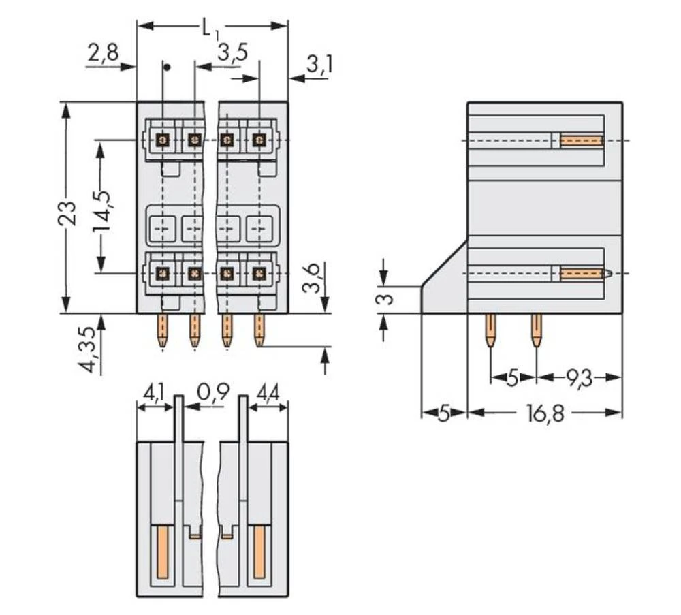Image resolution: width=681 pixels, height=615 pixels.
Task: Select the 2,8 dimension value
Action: pos(103,52)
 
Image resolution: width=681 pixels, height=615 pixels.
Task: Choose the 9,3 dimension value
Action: pos(573,377)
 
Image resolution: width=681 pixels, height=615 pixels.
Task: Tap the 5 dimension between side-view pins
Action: pos(513,377)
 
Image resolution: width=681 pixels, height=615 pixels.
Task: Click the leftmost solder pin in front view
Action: pos(163,331)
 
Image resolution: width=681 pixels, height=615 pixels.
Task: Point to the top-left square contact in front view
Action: pos(163,140)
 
